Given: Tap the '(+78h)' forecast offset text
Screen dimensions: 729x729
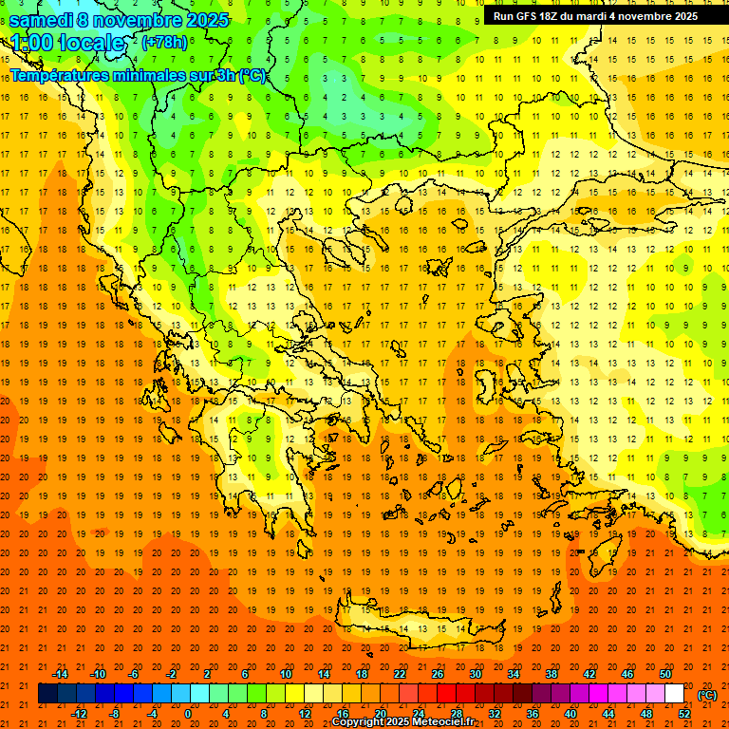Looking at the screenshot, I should pyautogui.click(x=164, y=43).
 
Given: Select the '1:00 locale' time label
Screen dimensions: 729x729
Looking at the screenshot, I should pyautogui.click(x=67, y=43).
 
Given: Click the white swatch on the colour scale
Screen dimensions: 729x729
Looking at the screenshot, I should pyautogui.click(x=675, y=694).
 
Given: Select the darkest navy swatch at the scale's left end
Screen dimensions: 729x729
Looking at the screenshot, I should pyautogui.click(x=47, y=694).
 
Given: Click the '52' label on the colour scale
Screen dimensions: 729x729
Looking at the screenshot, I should pyautogui.click(x=684, y=714).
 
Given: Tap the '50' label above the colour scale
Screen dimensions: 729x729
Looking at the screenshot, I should pyautogui.click(x=665, y=674).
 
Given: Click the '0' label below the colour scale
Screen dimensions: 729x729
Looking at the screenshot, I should pyautogui.click(x=188, y=714).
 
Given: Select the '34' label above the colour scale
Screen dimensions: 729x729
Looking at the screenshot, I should pyautogui.click(x=514, y=674).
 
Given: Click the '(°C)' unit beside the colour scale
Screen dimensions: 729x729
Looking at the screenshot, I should pyautogui.click(x=707, y=695).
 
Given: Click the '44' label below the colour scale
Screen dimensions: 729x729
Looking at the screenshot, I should pyautogui.click(x=608, y=714).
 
